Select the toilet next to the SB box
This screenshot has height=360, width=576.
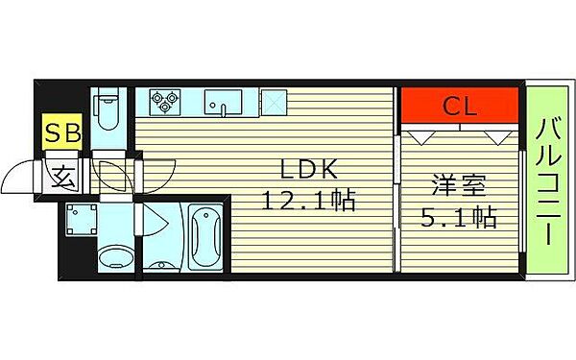click(x=108, y=113)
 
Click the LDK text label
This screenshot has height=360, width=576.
click(x=309, y=170)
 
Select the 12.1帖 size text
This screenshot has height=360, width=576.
click(x=309, y=202)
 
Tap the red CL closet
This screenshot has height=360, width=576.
click(x=460, y=105)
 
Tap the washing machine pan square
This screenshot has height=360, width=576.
click(x=83, y=220)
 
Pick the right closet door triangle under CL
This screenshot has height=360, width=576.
click(x=496, y=137)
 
